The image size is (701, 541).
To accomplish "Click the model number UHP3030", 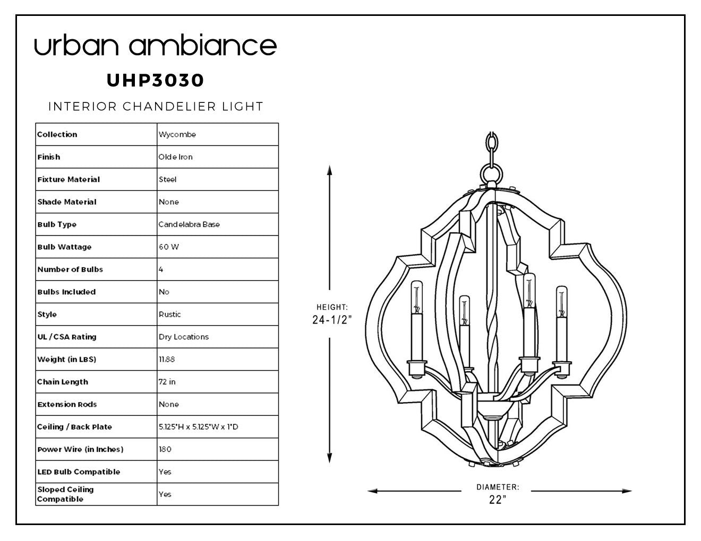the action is coord(155,80).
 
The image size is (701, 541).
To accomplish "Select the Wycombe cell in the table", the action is coord(177,134).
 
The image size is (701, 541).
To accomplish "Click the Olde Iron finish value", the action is coord(175,157).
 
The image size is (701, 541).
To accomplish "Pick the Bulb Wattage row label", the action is coord(64,247).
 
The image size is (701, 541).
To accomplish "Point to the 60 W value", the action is coord(169,247).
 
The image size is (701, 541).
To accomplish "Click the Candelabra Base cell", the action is coord(189,224).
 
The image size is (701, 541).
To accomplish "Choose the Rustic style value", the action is coord(170,314).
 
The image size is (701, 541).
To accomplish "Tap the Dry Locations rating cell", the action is coord(184,337).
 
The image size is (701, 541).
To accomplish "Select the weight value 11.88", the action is coord(167,359).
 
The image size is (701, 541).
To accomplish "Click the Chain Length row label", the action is coord(63,382).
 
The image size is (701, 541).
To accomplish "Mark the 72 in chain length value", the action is coord(167,382).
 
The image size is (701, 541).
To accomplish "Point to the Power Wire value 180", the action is coord(165,449).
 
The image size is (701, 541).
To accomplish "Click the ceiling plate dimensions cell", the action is coord(199,426).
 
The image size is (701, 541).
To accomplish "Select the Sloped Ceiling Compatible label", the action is coord(65,494).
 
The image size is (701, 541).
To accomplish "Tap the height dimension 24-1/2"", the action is coord(332,320).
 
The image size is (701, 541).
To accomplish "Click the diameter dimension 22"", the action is coord(498,500).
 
